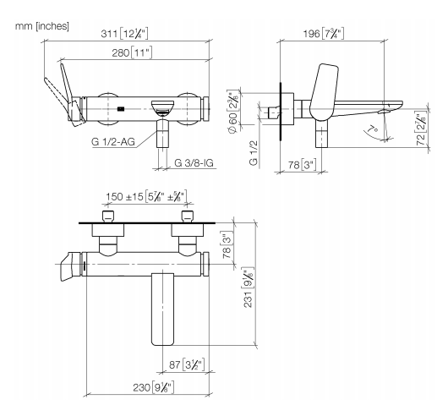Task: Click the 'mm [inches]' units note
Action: pyautogui.click(x=42, y=26)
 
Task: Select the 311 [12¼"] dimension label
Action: pyautogui.click(x=124, y=34)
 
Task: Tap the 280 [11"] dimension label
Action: pyautogui.click(x=132, y=53)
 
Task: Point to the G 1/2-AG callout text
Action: pyautogui.click(x=113, y=142)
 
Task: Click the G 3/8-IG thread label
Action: pyautogui.click(x=194, y=163)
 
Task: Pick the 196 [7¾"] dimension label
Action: pyautogui.click(x=324, y=34)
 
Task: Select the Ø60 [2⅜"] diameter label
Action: pyautogui.click(x=232, y=111)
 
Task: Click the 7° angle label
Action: pyautogui.click(x=373, y=129)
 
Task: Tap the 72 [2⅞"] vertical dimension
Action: pyautogui.click(x=421, y=130)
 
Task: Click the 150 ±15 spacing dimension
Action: pyautogui.click(x=146, y=196)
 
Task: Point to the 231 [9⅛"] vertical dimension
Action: pyautogui.click(x=248, y=287)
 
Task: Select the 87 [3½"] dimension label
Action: pyautogui.click(x=187, y=364)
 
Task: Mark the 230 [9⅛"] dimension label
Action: pyautogui.click(x=154, y=387)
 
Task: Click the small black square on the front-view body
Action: pyautogui.click(x=121, y=108)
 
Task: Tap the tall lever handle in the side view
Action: pyautogui.click(x=324, y=91)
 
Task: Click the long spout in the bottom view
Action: pyautogui.click(x=162, y=309)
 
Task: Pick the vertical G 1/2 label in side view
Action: pyautogui.click(x=254, y=153)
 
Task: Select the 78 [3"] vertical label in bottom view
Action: pyautogui.click(x=227, y=246)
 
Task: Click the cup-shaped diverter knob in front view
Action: pyautogui.click(x=162, y=108)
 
